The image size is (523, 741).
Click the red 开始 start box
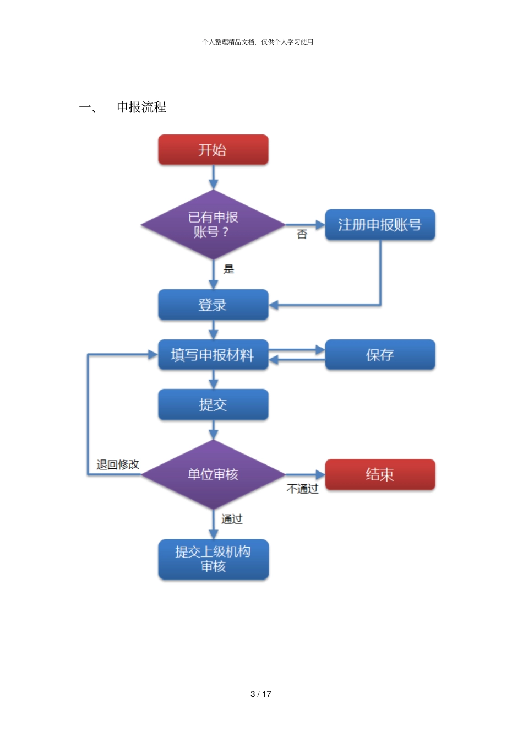click(x=213, y=150)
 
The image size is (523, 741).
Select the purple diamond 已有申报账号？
click(x=213, y=225)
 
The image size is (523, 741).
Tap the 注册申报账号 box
click(x=380, y=225)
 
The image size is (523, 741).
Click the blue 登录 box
click(x=213, y=305)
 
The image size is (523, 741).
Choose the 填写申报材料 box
click(x=213, y=355)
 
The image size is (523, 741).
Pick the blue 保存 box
click(x=380, y=355)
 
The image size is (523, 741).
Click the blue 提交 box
click(x=213, y=405)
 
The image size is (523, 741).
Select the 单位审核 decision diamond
click(x=213, y=474)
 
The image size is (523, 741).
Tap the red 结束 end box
click(x=380, y=474)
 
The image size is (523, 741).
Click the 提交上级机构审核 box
click(x=213, y=559)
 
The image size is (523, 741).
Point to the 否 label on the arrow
click(x=302, y=235)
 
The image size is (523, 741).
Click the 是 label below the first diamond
click(x=228, y=269)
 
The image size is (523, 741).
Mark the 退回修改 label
click(x=118, y=464)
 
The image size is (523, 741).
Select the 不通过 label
click(x=302, y=489)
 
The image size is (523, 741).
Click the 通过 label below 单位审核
click(x=232, y=519)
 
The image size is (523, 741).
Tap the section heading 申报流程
click(x=141, y=107)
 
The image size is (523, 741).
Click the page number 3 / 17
click(x=261, y=694)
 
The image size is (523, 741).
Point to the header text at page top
click(x=258, y=42)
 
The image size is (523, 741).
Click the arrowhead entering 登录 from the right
click(x=274, y=305)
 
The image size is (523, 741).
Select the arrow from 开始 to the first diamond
click(x=213, y=178)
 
